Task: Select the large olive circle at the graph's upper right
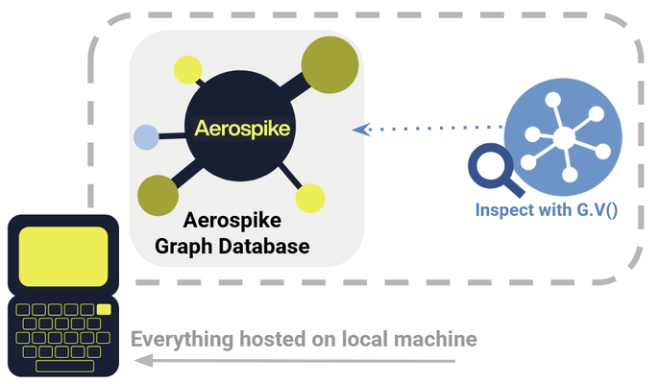pyautogui.click(x=330, y=64)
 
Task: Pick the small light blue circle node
pyautogui.click(x=146, y=138)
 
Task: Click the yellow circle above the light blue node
pyautogui.click(x=186, y=69)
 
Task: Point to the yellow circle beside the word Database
pyautogui.click(x=310, y=199)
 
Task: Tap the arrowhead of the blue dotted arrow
pyautogui.click(x=360, y=128)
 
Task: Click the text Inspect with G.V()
pyautogui.click(x=546, y=206)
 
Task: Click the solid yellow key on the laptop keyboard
pyautogui.click(x=104, y=309)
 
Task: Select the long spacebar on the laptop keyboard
pyautogui.click(x=64, y=366)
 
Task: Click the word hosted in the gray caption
pyautogui.click(x=269, y=340)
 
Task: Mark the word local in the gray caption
pyautogui.click(x=367, y=340)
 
